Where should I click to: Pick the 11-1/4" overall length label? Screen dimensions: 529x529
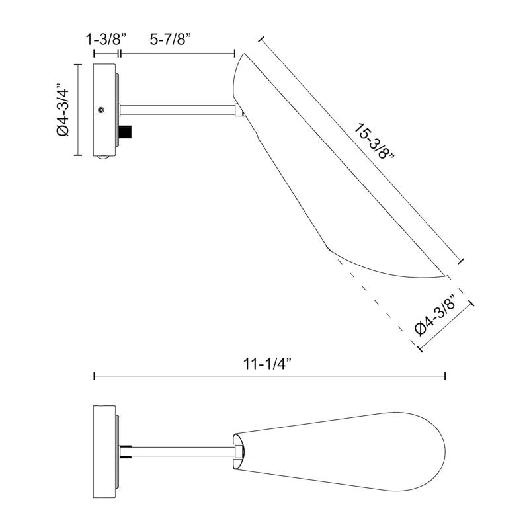click(x=268, y=363)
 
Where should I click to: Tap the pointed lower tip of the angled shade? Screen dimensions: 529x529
click(x=442, y=274)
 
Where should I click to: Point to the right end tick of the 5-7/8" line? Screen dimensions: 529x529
click(x=235, y=53)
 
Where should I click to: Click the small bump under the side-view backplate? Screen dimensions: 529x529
click(x=102, y=157)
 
